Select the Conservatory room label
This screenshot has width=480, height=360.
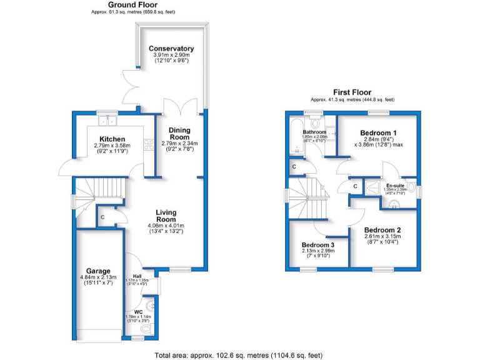[171, 49]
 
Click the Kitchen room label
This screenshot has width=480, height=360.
[112, 139]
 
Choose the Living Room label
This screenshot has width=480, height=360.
[167, 216]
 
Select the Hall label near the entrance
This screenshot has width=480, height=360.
[137, 275]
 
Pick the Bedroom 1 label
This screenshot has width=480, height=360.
[378, 133]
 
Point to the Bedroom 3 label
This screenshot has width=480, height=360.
[318, 244]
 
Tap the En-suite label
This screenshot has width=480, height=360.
[395, 186]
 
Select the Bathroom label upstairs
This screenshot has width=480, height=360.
[314, 132]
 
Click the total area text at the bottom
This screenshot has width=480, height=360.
[239, 355]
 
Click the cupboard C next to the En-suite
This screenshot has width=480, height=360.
[354, 186]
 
